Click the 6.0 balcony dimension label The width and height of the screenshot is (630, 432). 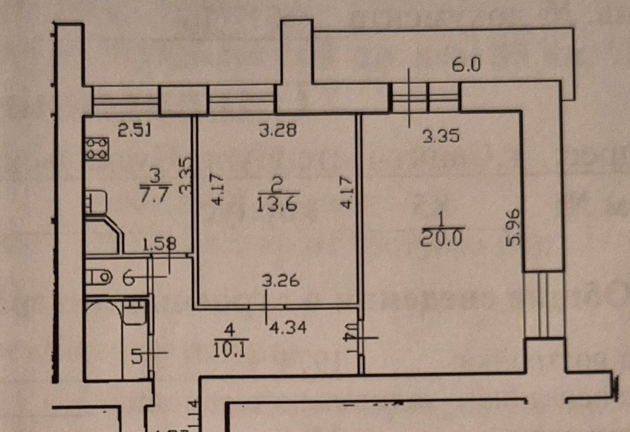tap(466, 65)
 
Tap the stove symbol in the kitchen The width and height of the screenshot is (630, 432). tap(97, 149)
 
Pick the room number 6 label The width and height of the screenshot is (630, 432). tap(128, 279)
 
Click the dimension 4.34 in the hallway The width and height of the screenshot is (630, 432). tap(286, 328)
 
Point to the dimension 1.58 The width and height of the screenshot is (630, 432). tap(159, 244)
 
